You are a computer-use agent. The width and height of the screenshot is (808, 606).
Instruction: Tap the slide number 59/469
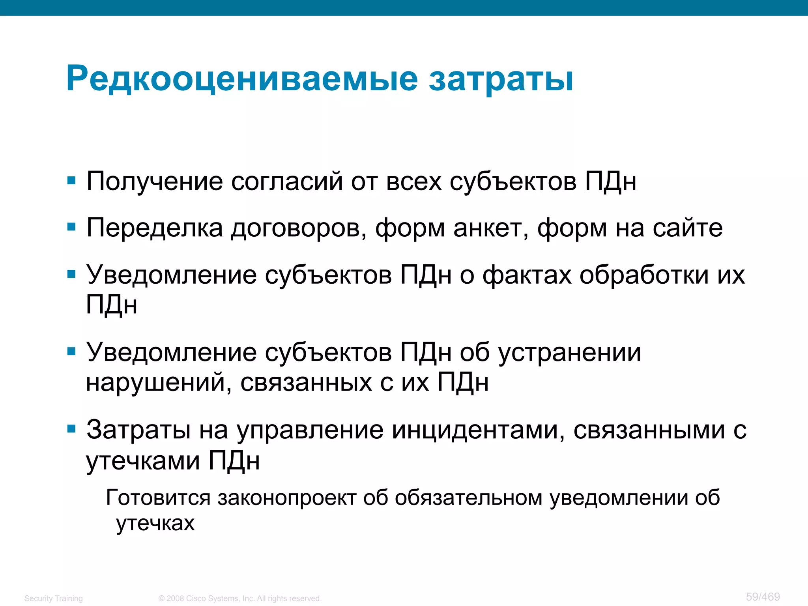pyautogui.click(x=763, y=597)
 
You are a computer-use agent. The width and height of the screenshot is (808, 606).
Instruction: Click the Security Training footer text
pyautogui.click(x=53, y=599)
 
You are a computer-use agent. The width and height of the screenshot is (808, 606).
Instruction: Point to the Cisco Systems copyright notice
pyautogui.click(x=240, y=599)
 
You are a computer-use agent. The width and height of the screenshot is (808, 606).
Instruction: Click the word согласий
pyautogui.click(x=287, y=181)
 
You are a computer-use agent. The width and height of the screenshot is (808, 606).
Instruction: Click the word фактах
pyautogui.click(x=527, y=275)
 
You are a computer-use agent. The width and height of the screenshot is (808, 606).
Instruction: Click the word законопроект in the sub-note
pyautogui.click(x=287, y=498)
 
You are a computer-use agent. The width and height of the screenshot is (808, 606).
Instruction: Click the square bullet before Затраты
pyautogui.click(x=71, y=429)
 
